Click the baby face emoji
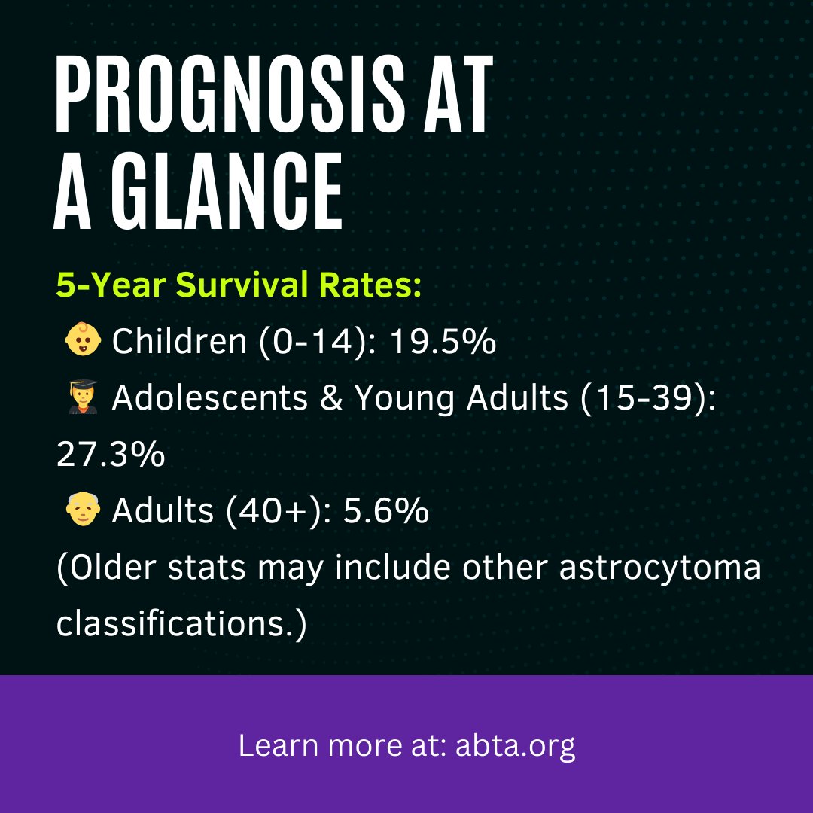tap(82, 342)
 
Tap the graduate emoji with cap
tap(82, 398)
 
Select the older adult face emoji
tap(82, 511)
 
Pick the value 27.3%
tap(111, 455)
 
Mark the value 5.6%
tap(386, 512)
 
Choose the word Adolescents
tap(210, 399)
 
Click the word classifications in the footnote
tap(181, 625)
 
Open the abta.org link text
tap(516, 747)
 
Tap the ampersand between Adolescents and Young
tap(330, 399)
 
